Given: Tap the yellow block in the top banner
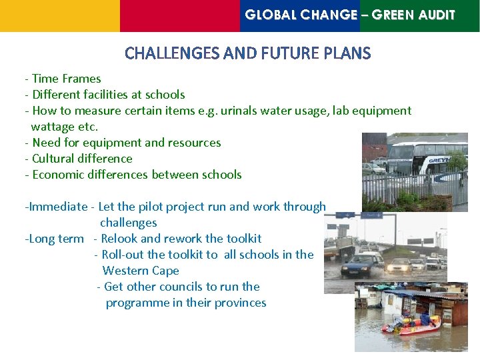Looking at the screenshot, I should (x=60, y=15).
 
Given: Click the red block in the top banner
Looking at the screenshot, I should (x=179, y=15).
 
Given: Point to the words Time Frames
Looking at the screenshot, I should (x=67, y=79).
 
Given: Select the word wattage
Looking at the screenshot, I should (x=53, y=127).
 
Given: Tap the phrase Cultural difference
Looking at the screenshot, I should (x=82, y=159).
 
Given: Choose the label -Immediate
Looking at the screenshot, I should (x=57, y=207).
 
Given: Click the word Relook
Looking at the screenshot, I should (x=119, y=239).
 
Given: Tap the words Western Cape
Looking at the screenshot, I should (x=141, y=271).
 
